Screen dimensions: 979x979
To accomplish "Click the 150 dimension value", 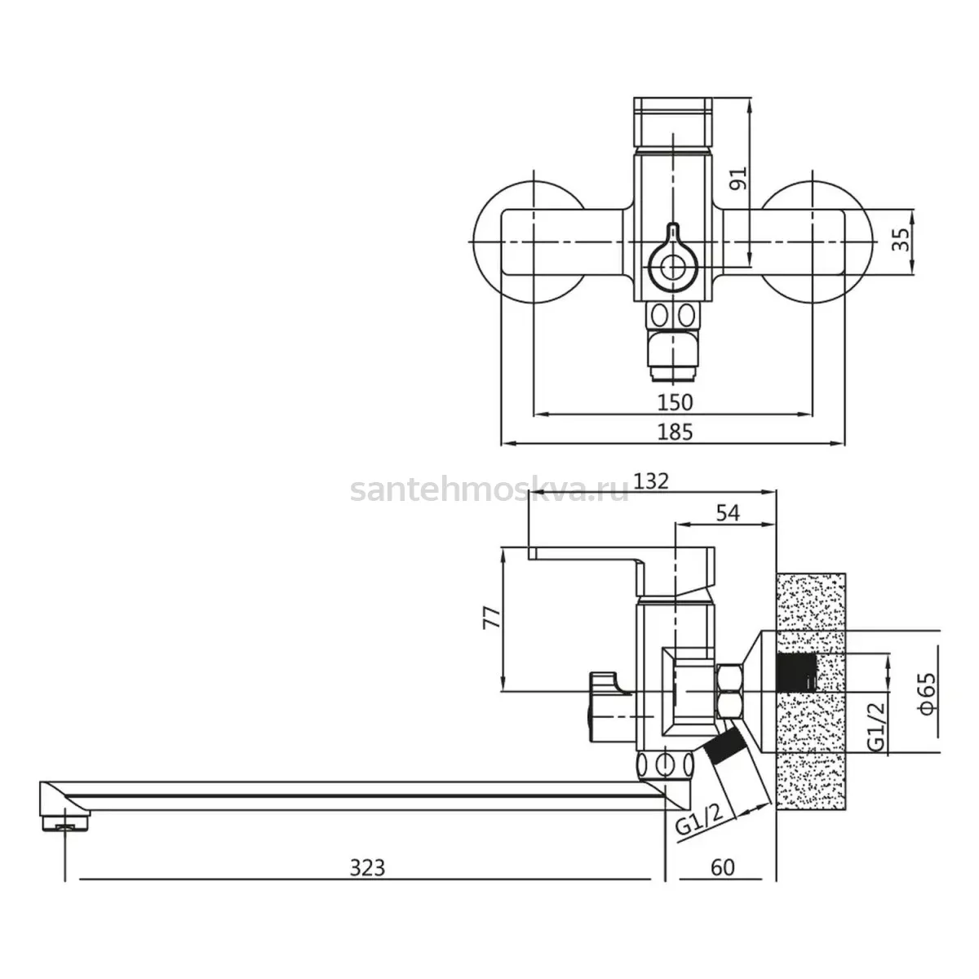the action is (x=676, y=403).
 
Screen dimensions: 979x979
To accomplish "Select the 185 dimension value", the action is (x=676, y=432).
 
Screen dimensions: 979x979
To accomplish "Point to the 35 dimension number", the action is (x=901, y=240).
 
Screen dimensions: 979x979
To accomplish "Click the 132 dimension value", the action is (x=652, y=481).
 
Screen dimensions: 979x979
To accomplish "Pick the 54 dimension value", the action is (x=728, y=513).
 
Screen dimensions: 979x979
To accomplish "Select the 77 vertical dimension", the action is (x=492, y=618).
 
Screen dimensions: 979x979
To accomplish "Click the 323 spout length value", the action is (x=367, y=868).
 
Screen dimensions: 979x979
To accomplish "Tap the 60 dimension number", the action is (x=723, y=868).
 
